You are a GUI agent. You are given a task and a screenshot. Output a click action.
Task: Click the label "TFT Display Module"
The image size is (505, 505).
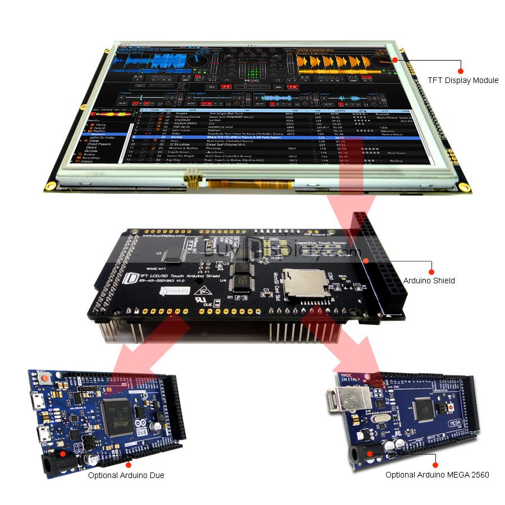click(463, 80)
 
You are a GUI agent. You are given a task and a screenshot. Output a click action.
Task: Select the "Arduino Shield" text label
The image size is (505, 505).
click(428, 280)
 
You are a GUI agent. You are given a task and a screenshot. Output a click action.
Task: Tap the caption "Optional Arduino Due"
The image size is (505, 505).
click(126, 475)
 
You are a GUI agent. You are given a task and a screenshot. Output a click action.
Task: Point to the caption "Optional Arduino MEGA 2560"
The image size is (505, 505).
click(437, 475)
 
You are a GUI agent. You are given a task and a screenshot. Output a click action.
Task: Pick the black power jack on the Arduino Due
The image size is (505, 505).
click(56, 463)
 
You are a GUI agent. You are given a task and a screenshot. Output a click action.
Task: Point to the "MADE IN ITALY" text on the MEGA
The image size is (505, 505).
click(346, 377)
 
